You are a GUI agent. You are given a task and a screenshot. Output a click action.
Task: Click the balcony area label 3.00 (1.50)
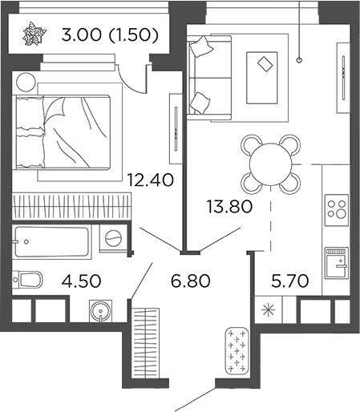108,36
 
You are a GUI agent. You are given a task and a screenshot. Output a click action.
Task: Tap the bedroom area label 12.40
150,177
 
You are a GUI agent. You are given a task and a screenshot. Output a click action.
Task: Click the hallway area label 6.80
188,281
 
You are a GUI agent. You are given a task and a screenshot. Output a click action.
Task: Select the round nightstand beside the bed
25,82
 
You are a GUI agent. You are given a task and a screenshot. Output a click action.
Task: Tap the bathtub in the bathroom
55,238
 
